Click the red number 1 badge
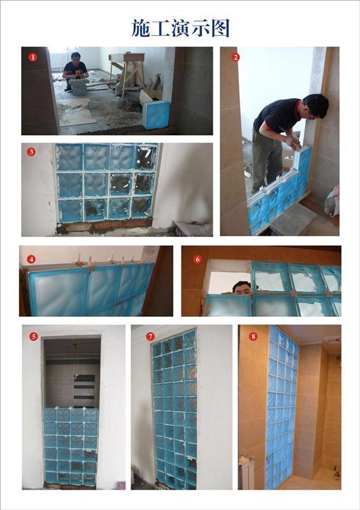tap(32, 57)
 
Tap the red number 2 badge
tap(236, 57)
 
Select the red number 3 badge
tap(31, 152)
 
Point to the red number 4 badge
tap(31, 259)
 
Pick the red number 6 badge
tap(198, 259)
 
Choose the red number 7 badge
tap(150, 336)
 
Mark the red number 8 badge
tap(253, 336)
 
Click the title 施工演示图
tap(180, 28)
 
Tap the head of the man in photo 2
tap(315, 105)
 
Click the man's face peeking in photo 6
tap(241, 288)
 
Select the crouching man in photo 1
tap(76, 71)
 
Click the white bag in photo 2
tap(332, 201)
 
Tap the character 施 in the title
tap(141, 28)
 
